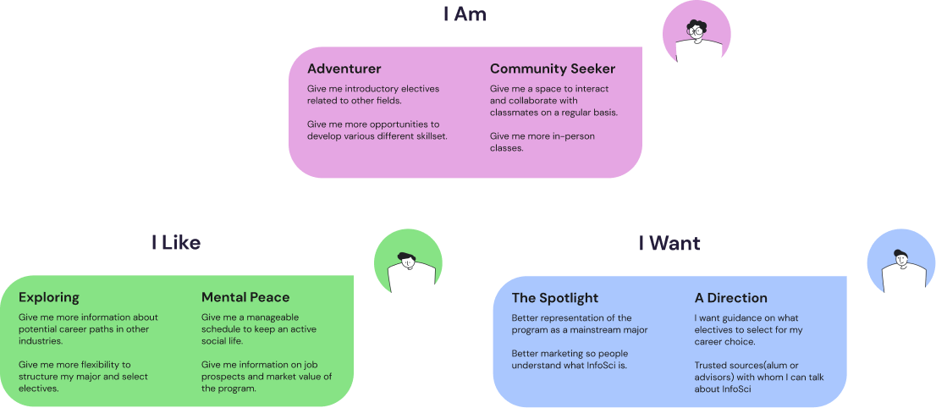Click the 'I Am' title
coord(465,14)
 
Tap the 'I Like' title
coord(176,243)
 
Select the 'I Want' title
coord(669,244)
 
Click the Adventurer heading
coord(344,69)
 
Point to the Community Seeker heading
coord(553,69)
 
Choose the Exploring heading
coord(49,297)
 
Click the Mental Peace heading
coord(245,297)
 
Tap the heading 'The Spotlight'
coord(554,298)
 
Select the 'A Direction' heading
coord(731,298)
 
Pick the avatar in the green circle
coord(409,263)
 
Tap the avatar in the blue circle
coord(901,263)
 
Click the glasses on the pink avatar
coord(696,30)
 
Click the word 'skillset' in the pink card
coord(428,135)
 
